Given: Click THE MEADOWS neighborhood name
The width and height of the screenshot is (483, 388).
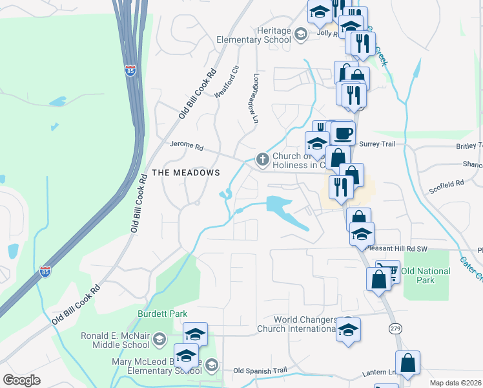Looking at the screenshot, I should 186,173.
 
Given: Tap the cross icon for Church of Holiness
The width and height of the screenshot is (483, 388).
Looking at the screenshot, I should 262,158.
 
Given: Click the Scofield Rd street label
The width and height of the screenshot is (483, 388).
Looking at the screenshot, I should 447,184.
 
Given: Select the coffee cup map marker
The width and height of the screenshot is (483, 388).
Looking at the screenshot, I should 343,134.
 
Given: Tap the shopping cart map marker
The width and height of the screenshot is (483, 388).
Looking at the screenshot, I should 387,270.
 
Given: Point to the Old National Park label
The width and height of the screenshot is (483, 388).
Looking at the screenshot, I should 426,275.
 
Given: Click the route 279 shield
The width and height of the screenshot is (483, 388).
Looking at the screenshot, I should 395,329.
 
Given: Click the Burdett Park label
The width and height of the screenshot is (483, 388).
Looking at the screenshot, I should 162,314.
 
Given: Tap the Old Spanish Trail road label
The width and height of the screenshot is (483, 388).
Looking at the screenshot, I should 260,371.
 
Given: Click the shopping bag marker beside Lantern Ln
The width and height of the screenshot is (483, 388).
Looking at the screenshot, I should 408,364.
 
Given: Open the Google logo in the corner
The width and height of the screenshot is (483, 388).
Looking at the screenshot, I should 21,380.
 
